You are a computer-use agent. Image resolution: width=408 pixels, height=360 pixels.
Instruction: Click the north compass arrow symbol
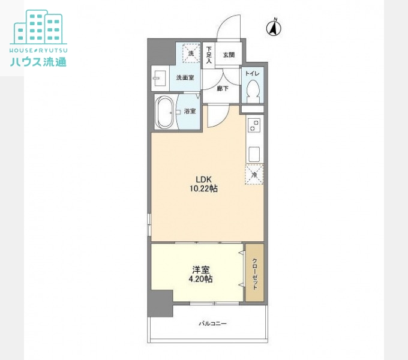coord(274,28)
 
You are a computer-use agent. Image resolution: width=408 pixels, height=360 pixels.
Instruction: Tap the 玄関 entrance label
coord(229,55)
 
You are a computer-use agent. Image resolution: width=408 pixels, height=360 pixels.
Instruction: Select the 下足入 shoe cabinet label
coord(209,55)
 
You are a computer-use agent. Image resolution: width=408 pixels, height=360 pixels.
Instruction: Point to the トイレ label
coord(253,74)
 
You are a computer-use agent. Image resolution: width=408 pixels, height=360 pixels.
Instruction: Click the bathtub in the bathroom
coord(166,112)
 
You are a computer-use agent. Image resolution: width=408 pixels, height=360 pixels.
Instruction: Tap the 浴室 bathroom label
coord(190,111)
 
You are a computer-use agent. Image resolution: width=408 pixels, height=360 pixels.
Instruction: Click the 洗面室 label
coord(185,77)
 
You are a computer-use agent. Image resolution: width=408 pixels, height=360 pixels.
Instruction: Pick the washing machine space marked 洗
coord(191,53)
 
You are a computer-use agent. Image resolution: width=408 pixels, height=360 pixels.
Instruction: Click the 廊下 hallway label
coord(223,88)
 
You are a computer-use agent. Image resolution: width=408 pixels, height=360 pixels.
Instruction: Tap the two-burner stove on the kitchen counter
coord(254,125)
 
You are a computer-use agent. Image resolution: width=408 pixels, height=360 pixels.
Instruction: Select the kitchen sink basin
coord(254,154)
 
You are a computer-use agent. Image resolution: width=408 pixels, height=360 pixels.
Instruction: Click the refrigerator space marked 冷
coord(254,174)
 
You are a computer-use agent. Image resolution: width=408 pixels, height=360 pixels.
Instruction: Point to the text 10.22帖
coord(204,188)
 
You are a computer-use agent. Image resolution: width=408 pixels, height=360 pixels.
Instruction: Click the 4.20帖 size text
coord(200,279)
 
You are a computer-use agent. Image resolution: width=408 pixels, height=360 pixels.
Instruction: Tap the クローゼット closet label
coord(255,274)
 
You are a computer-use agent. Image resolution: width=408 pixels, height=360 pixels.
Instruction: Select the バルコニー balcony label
coord(213,323)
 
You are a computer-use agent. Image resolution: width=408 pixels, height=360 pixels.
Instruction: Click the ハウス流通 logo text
coord(38,62)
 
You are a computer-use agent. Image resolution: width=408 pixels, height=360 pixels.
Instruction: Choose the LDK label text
coord(204,179)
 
